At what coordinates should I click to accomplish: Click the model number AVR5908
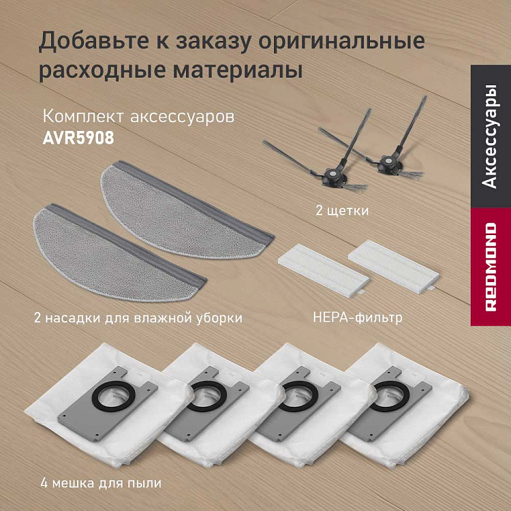[x=78, y=136]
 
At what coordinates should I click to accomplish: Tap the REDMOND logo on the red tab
[x=490, y=266]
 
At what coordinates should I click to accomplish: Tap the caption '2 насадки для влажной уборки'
[x=137, y=317]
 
